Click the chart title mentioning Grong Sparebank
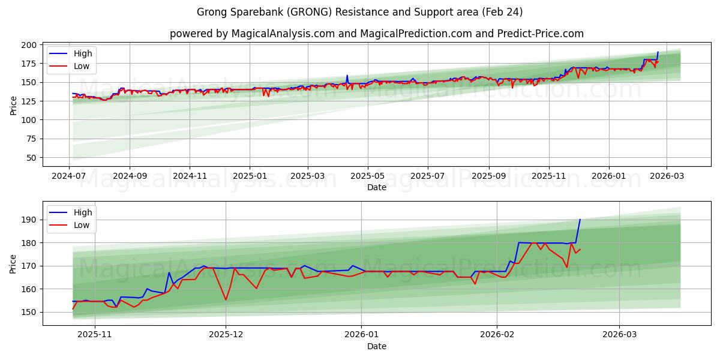[359, 12]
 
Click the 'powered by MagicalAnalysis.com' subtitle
[376, 34]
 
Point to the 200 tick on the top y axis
[29, 45]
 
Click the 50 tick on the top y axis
[32, 158]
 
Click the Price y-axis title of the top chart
[14, 105]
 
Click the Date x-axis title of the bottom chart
[376, 346]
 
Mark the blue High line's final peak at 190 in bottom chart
[580, 220]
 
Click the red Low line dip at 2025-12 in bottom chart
[226, 299]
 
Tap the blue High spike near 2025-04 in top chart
[347, 76]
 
